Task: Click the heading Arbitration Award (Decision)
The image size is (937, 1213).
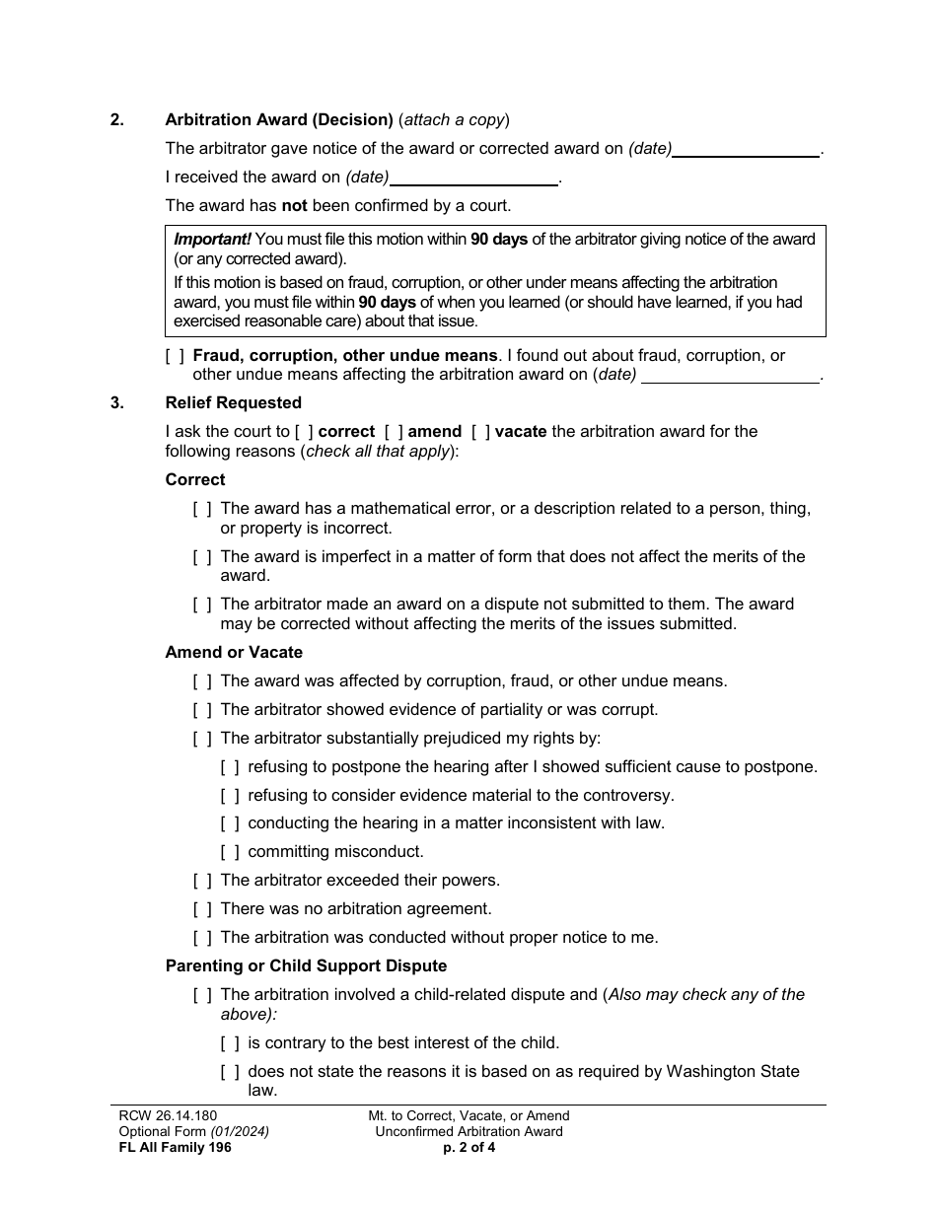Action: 279,120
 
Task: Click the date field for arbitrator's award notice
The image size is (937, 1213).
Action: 746,149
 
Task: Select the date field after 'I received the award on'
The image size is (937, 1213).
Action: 474,178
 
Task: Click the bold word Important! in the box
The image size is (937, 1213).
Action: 212,240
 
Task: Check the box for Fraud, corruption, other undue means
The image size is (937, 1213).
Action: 175,356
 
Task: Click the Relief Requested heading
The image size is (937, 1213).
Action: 234,402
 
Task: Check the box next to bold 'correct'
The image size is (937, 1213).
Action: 304,432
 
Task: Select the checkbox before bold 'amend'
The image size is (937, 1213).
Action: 394,432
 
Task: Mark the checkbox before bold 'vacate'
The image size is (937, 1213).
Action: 480,432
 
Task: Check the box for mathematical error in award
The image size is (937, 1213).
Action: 202,509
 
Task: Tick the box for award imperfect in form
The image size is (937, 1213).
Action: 202,557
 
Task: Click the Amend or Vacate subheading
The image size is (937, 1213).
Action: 234,652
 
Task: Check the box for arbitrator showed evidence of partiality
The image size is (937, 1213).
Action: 202,710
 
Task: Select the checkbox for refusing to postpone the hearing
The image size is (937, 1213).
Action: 230,767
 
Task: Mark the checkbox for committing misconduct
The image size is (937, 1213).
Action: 230,852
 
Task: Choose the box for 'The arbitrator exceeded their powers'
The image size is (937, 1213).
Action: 202,881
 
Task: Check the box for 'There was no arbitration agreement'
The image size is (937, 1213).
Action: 202,909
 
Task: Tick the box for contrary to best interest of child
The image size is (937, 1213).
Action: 230,1043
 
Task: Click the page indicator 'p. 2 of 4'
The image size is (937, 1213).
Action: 468,1147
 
